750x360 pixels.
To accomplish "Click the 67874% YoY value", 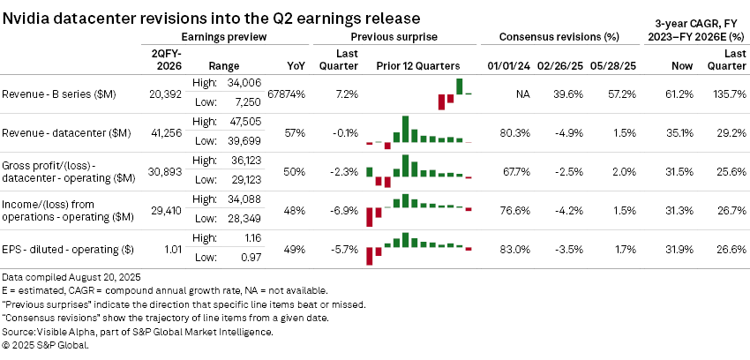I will tap(284, 93).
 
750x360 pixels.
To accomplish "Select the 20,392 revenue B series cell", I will tap(168, 93).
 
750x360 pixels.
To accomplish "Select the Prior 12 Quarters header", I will tap(418, 66).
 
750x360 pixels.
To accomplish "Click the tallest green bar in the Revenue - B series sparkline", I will tap(459, 86).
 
